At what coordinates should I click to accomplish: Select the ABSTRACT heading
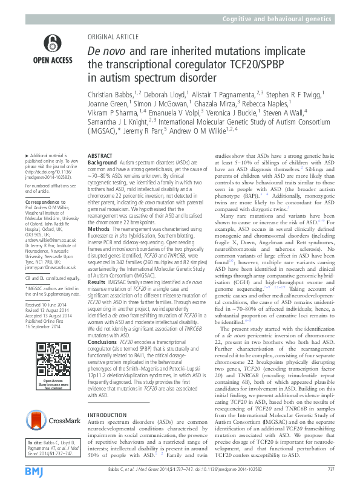click(100, 156)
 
